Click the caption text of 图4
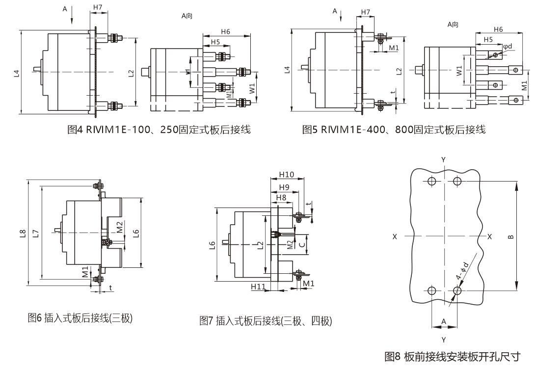159,130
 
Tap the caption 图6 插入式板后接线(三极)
80,318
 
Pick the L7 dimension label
35,234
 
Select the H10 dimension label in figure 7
286,175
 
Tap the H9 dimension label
284,187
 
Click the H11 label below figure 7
258,286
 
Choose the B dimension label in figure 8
511,236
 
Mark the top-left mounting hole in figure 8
431,182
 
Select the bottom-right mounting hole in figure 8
457,291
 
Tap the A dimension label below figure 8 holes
444,321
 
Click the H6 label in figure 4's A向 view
225,32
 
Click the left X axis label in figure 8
395,236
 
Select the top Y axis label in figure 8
444,160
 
